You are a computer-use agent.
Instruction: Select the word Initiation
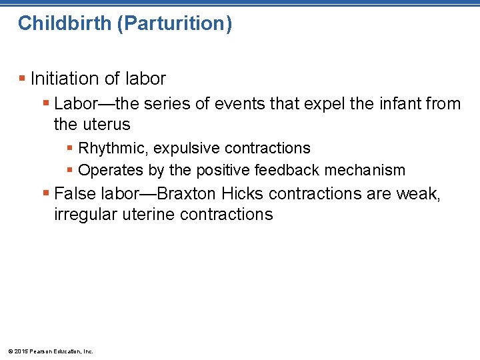63,79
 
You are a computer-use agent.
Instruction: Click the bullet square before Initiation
23,79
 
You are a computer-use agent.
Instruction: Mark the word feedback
286,171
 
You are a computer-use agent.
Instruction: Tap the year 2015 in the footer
21,351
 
